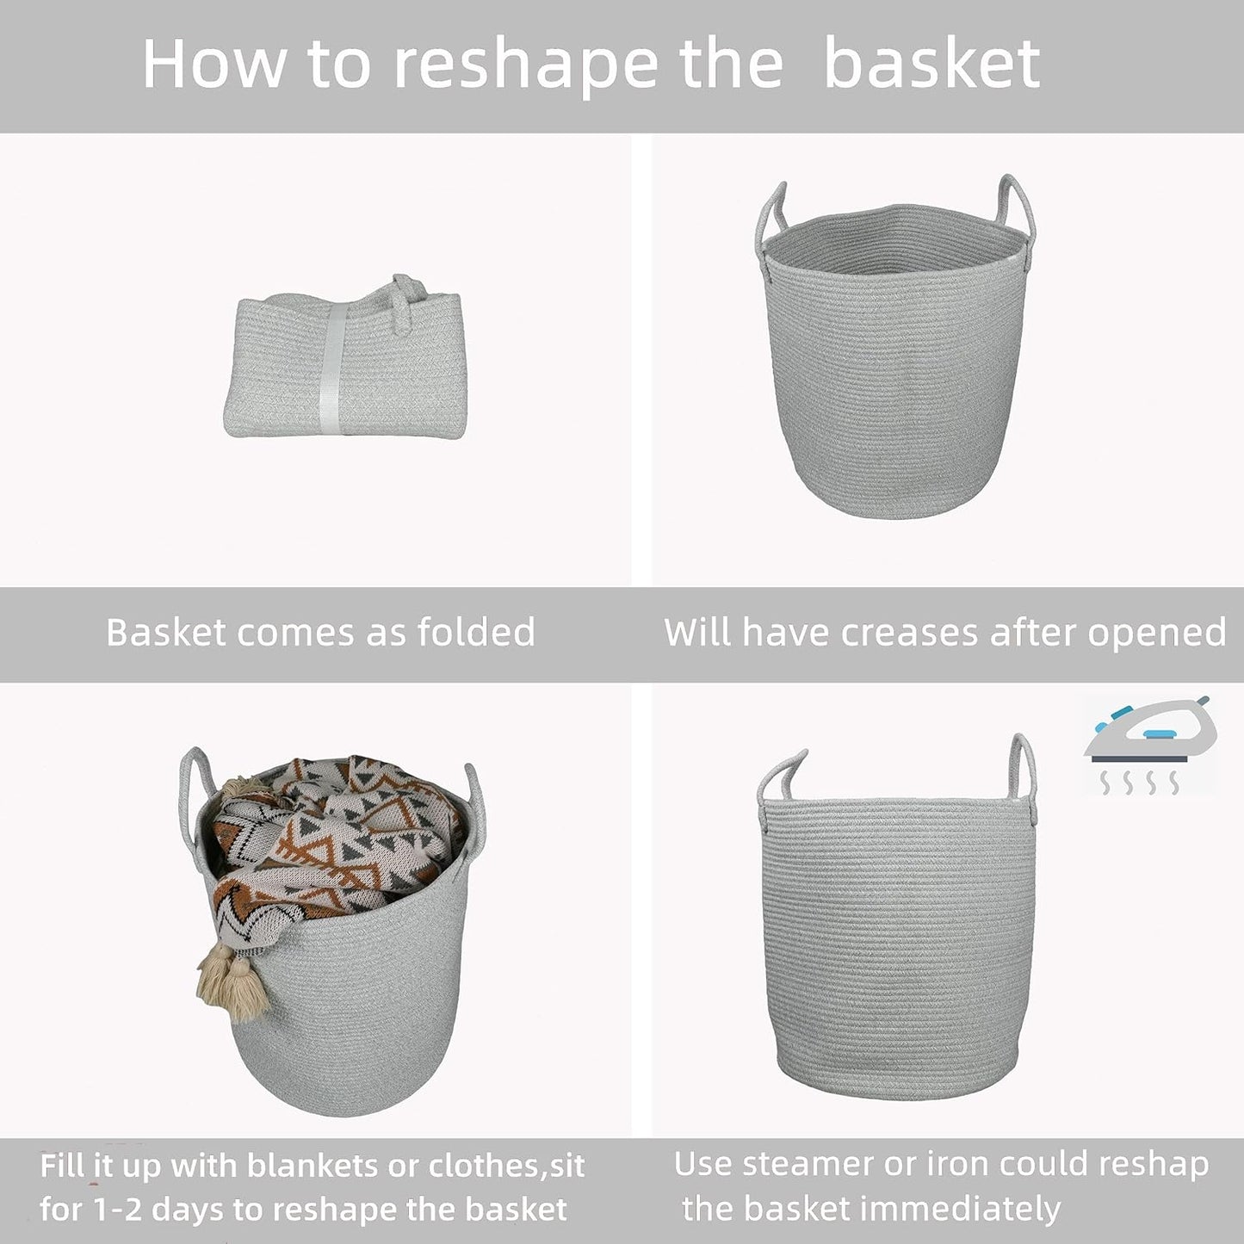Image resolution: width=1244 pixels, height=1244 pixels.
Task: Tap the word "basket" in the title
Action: (x=931, y=65)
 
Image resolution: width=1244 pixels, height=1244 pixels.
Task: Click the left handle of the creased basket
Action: (x=771, y=215)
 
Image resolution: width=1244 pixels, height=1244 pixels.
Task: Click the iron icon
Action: (x=1149, y=732)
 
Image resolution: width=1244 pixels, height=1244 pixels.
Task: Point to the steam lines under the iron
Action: (x=1141, y=782)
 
